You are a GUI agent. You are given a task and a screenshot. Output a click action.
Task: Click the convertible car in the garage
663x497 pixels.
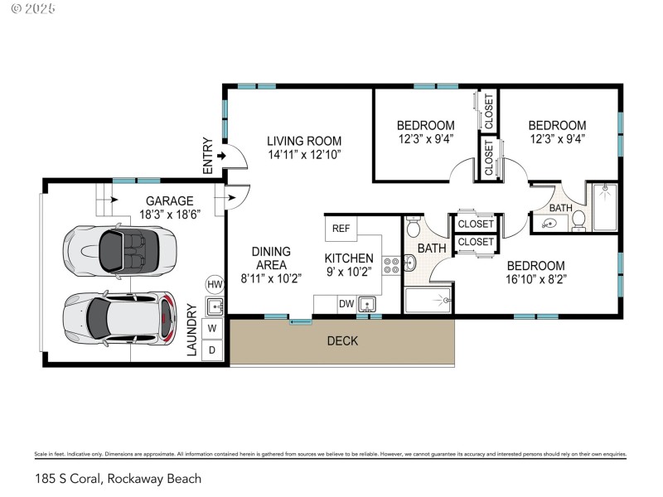(119, 248)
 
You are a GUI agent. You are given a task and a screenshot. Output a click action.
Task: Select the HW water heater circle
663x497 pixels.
(215, 284)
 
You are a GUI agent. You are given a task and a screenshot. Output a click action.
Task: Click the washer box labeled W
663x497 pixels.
(213, 328)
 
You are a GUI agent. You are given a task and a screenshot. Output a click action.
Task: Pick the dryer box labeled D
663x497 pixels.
(213, 350)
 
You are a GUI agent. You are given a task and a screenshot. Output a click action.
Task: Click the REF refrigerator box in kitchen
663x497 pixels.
(341, 228)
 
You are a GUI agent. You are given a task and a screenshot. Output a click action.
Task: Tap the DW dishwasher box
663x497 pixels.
(346, 305)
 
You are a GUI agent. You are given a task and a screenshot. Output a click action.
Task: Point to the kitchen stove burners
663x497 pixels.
(391, 266)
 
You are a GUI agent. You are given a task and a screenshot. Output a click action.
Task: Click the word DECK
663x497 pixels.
(342, 340)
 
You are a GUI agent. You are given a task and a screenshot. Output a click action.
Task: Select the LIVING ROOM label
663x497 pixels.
(304, 141)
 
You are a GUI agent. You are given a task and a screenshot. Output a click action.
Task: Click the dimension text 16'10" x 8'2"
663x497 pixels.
(536, 278)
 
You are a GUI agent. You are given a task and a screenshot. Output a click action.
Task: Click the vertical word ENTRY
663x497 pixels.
(208, 161)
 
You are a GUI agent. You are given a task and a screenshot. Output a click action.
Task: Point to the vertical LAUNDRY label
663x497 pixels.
(191, 331)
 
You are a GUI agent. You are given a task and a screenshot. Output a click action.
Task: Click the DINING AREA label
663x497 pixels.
(270, 258)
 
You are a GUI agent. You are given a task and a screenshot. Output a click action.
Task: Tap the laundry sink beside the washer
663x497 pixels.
(215, 307)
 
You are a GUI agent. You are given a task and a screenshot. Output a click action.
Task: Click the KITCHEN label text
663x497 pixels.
(348, 258)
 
